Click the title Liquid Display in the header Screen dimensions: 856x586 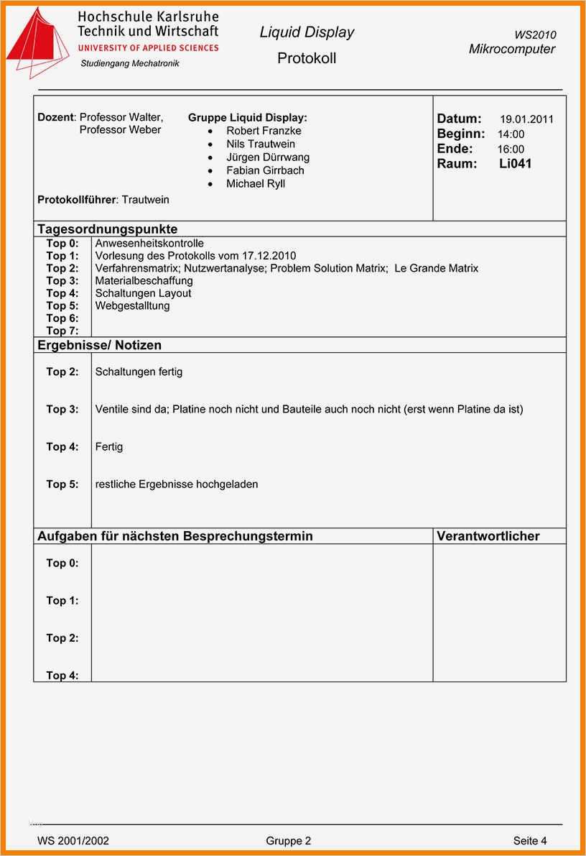coord(307,32)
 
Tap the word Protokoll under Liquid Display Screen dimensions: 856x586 coord(307,58)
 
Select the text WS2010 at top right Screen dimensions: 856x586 coord(535,34)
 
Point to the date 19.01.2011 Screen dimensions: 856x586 coord(526,120)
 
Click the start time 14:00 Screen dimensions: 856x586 coord(511,134)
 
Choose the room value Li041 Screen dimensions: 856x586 coord(515,164)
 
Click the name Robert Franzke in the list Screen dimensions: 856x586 coord(264,131)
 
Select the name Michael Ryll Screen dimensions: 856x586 coord(256,184)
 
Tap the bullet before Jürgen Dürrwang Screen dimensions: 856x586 coord(210,157)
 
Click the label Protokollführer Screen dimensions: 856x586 coord(76,199)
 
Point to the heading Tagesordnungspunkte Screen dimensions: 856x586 coord(107,229)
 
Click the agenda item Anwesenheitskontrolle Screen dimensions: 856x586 coord(149,243)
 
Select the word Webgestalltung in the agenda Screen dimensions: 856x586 coord(132,305)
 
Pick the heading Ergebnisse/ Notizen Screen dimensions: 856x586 coord(99,345)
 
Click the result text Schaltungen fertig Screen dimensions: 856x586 coord(139,372)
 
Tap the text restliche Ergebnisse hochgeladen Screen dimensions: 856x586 coord(176,484)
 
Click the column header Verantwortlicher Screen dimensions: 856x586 coord(488,536)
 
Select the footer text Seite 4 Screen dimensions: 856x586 coord(530,840)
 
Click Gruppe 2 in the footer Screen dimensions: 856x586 coord(289,840)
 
